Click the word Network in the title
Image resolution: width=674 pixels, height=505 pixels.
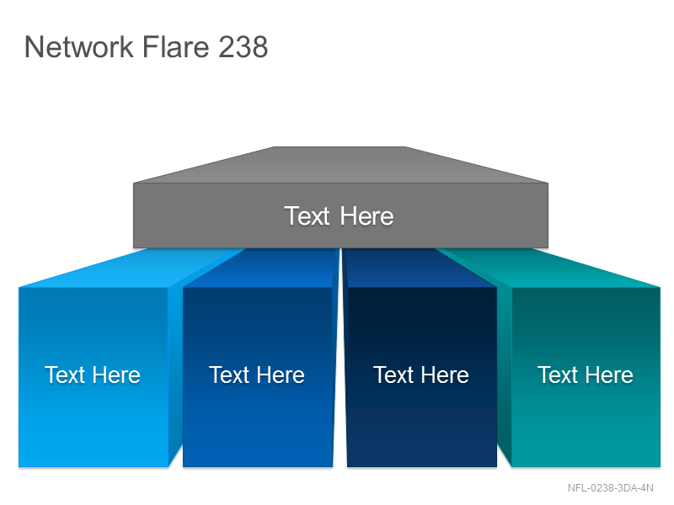click(79, 46)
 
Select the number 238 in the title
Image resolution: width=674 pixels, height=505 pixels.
click(243, 46)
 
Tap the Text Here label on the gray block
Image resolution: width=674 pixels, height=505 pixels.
click(339, 215)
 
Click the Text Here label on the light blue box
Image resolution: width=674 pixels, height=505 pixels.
click(93, 375)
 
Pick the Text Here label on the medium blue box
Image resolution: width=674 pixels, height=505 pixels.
click(257, 375)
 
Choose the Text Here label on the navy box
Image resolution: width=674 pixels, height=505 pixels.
click(420, 375)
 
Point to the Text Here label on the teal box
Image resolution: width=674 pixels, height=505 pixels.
click(585, 375)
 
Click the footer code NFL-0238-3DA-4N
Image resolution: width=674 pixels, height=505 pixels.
click(610, 488)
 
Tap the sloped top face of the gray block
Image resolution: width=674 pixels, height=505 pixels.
click(340, 165)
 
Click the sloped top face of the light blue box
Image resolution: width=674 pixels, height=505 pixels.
click(129, 268)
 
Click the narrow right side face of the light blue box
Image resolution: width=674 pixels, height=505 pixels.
click(175, 374)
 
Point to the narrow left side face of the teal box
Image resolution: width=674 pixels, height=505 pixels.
click(504, 374)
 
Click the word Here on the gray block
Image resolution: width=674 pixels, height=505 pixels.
click(366, 215)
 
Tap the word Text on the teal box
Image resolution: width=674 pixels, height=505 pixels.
click(557, 375)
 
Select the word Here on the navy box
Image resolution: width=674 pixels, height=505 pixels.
click(445, 375)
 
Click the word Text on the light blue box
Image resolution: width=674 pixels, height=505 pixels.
click(64, 375)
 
